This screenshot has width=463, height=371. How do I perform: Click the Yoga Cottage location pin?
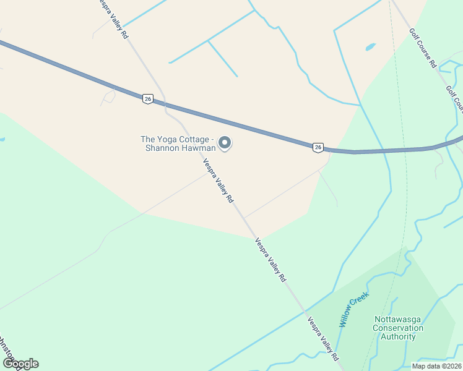point(225,143)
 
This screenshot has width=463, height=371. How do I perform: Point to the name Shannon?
point(161,148)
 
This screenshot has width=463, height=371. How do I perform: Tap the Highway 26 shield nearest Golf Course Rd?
point(318,147)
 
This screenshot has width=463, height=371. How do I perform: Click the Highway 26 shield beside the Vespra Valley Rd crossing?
point(147,98)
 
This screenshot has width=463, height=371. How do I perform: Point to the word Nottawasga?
point(398,320)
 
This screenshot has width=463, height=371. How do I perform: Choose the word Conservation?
point(398,328)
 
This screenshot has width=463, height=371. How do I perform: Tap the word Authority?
point(398,337)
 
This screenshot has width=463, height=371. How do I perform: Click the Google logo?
point(20,364)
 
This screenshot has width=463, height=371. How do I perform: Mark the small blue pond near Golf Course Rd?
point(370,47)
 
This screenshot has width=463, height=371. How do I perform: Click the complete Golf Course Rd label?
point(423,48)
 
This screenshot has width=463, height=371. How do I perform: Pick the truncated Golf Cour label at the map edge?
point(455,100)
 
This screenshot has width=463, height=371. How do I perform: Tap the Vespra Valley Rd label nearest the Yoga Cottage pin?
point(219,181)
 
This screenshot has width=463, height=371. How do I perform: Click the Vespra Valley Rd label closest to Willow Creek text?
point(324,339)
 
